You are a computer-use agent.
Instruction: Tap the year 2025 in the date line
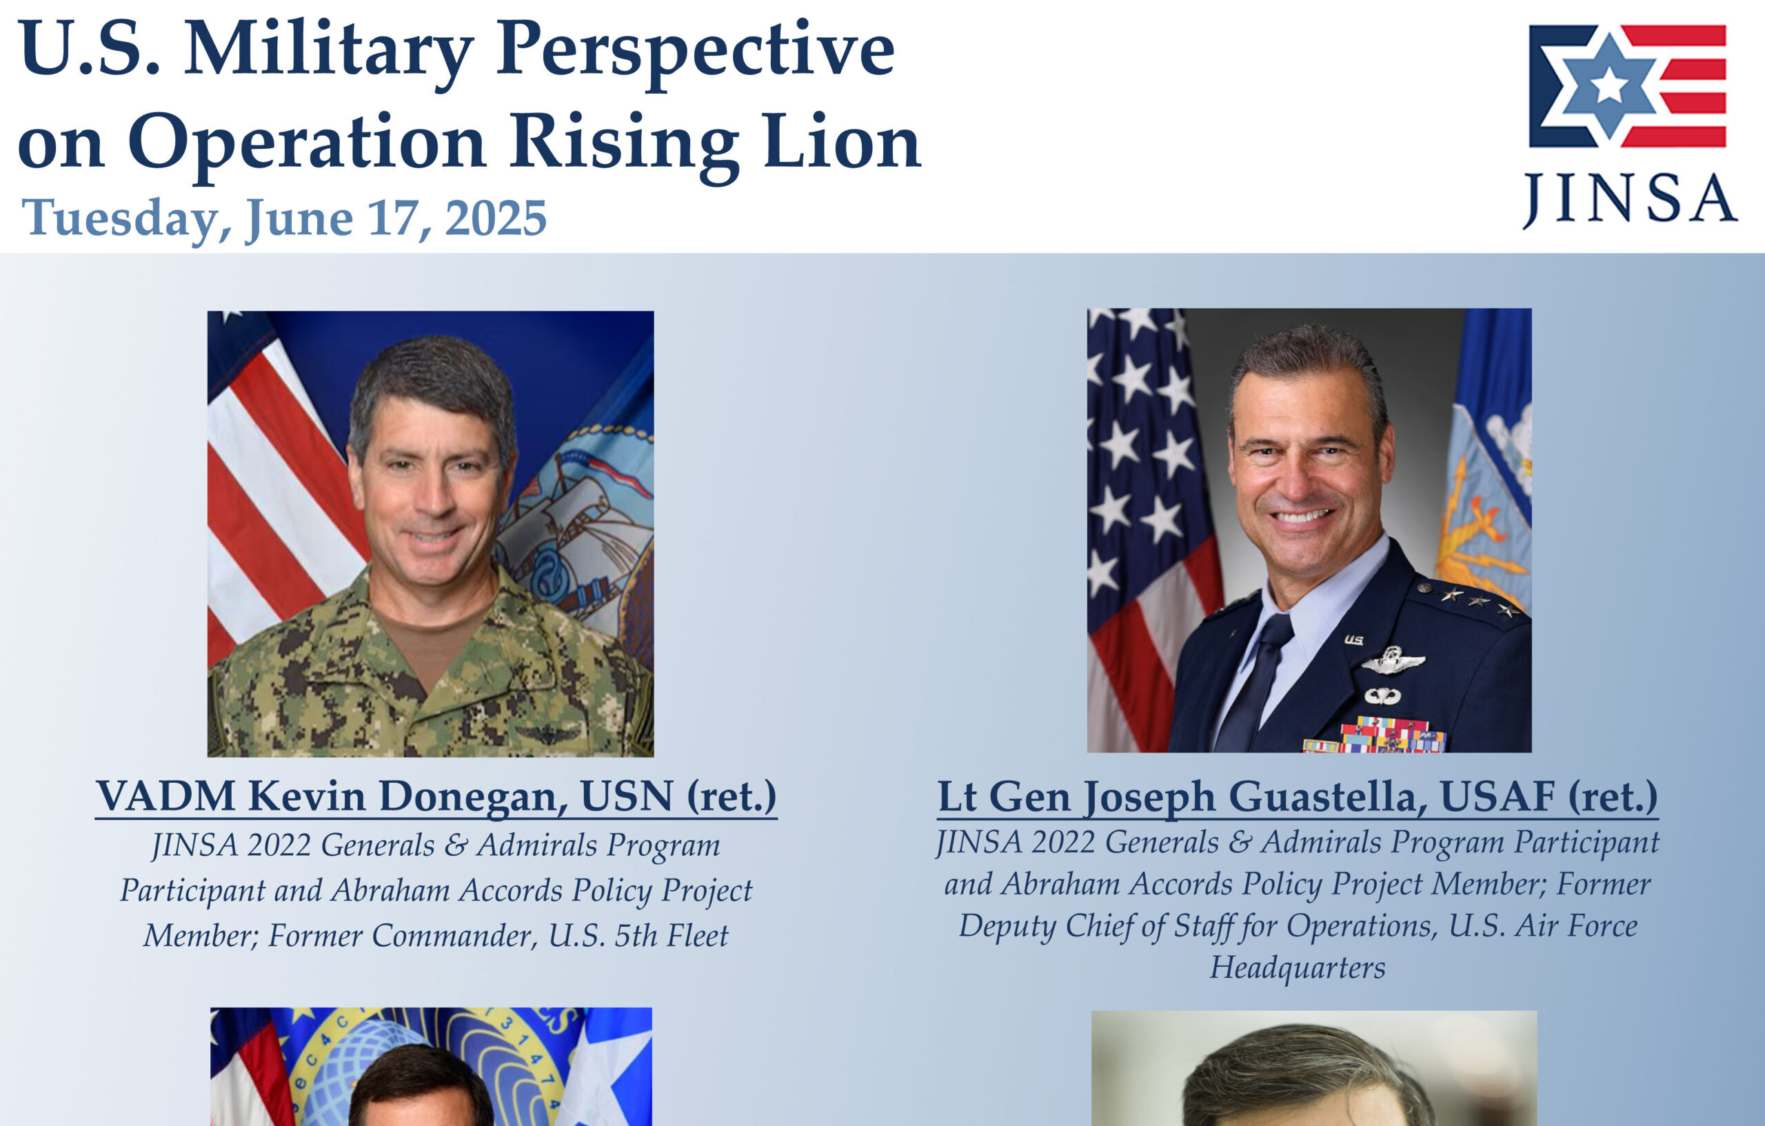click(x=496, y=218)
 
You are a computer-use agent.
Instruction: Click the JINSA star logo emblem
click(x=1627, y=85)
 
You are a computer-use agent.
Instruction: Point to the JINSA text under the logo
click(x=1628, y=199)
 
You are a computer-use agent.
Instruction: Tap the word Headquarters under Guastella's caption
click(x=1298, y=968)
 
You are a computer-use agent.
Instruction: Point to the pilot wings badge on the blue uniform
click(x=1393, y=662)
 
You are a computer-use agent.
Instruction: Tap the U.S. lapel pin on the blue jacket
click(x=1353, y=639)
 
